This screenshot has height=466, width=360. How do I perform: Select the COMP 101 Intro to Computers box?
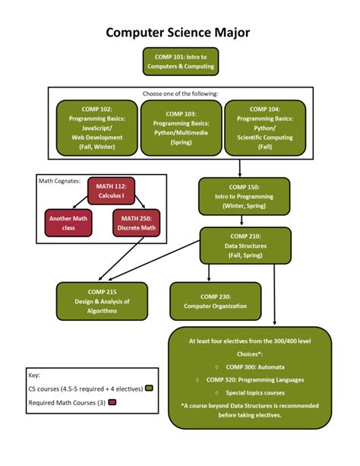[x=180, y=61]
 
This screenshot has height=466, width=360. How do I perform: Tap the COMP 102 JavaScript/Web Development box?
[x=96, y=128]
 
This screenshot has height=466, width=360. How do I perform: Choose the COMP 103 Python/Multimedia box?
[x=181, y=128]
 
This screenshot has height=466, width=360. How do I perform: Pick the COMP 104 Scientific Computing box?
[x=264, y=128]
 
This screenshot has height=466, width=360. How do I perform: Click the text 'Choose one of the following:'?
[x=180, y=94]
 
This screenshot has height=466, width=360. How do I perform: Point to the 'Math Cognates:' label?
[x=59, y=181]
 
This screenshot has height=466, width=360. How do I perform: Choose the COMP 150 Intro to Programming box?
[x=244, y=196]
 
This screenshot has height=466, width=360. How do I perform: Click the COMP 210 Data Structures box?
[x=245, y=246]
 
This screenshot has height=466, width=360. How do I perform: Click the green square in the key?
[x=150, y=388]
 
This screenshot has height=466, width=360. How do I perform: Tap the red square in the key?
[x=112, y=402]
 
